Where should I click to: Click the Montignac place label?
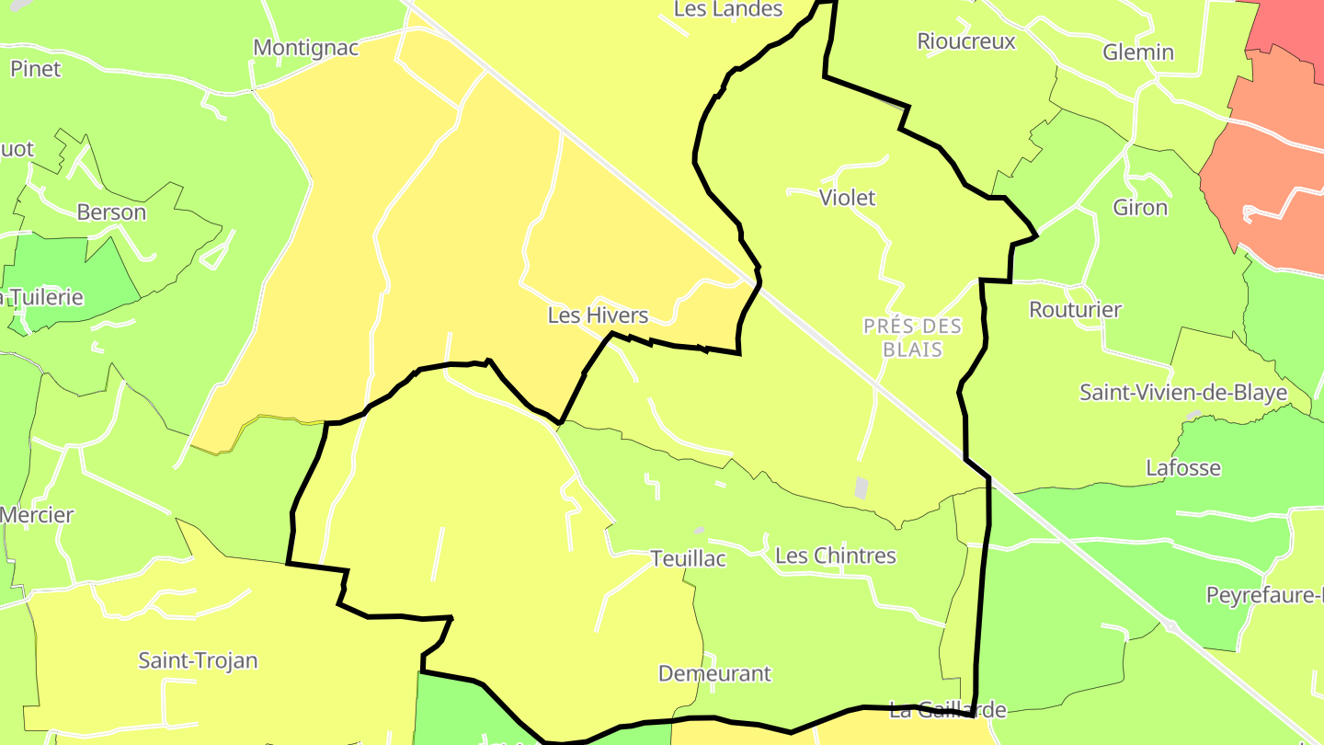click(x=305, y=47)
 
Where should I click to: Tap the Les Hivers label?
click(x=598, y=315)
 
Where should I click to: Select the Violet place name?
click(x=847, y=198)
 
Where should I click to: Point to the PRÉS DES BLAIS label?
click(x=912, y=338)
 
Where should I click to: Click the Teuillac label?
click(x=688, y=558)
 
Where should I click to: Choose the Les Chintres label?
click(x=835, y=556)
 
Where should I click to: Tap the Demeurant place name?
click(x=714, y=673)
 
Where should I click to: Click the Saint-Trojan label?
click(x=198, y=660)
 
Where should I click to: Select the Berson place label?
click(x=111, y=212)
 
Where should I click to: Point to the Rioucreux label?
click(x=966, y=41)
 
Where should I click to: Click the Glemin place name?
click(x=1138, y=52)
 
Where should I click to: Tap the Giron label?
click(x=1140, y=208)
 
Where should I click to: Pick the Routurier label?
click(x=1075, y=310)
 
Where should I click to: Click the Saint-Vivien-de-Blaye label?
click(x=1183, y=394)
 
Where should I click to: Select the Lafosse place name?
click(x=1183, y=468)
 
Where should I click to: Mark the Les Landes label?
click(x=728, y=9)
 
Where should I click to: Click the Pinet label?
click(x=36, y=69)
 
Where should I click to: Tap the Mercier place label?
click(x=37, y=515)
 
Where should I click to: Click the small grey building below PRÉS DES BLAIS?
click(x=861, y=487)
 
